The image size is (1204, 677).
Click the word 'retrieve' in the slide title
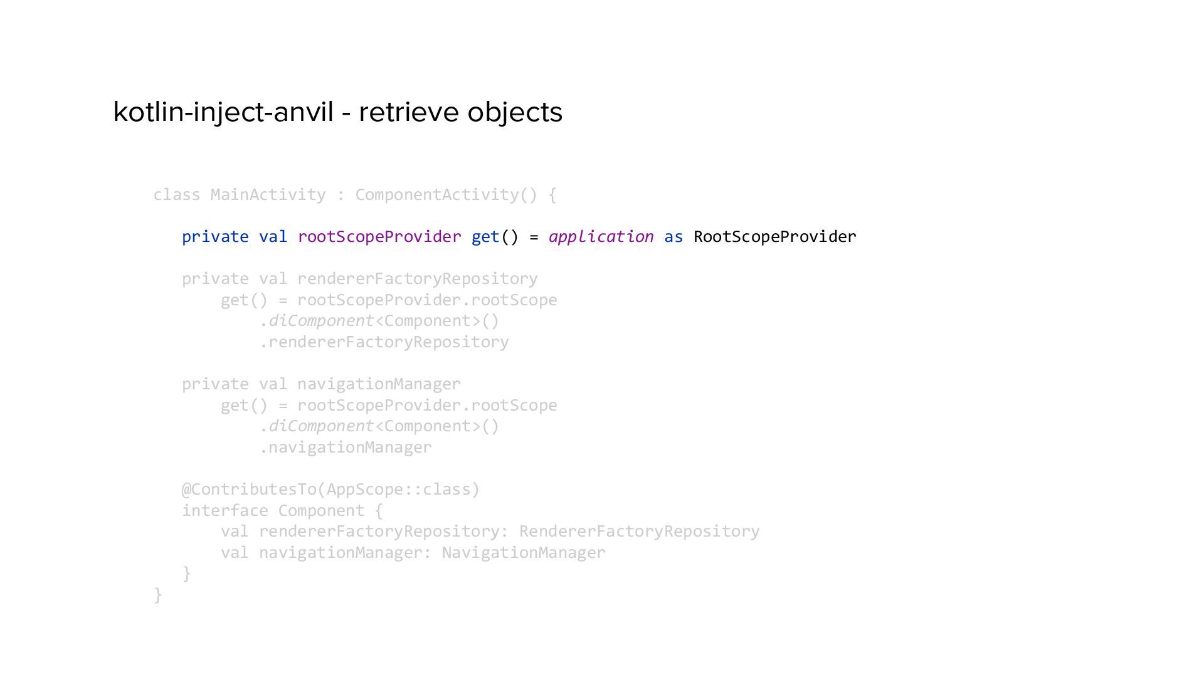click(408, 112)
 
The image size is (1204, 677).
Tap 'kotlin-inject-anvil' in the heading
click(223, 112)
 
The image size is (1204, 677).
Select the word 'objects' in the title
click(515, 112)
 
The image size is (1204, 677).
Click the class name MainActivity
click(268, 195)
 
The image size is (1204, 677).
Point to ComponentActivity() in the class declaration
click(446, 195)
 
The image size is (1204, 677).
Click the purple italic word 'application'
click(601, 237)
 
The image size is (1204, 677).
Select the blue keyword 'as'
click(673, 237)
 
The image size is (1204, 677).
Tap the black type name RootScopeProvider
click(774, 237)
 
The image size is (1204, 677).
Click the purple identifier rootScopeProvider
click(379, 237)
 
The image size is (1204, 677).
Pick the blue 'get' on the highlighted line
click(485, 237)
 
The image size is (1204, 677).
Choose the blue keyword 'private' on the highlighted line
click(215, 237)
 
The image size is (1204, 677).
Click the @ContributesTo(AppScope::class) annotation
click(330, 490)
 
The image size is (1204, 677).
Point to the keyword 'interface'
click(224, 511)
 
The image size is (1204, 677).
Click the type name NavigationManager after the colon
click(524, 553)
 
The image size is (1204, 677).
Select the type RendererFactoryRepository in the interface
click(639, 532)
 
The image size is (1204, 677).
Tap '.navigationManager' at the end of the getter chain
click(346, 448)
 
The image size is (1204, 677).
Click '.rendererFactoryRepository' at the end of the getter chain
click(384, 342)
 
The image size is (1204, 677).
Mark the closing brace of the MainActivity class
click(158, 594)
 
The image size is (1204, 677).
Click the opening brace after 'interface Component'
click(378, 511)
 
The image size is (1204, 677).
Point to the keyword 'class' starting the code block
click(176, 195)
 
